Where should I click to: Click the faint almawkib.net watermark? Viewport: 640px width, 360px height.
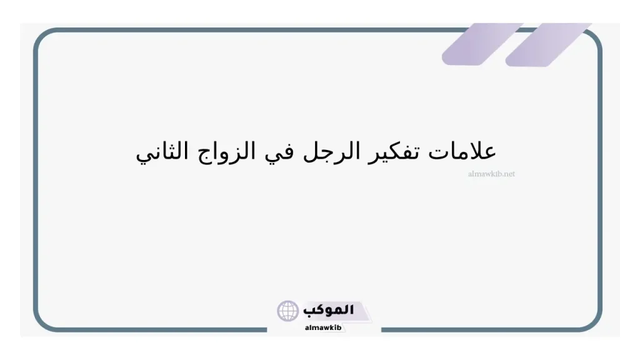click(491, 174)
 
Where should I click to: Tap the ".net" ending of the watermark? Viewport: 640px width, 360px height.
click(508, 174)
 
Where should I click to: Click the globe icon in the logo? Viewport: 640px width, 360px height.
click(288, 311)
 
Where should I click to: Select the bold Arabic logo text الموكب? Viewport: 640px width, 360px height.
click(328, 310)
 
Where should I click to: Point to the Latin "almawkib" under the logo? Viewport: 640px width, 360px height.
click(323, 327)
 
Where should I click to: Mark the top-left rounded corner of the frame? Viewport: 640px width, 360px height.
click(44, 38)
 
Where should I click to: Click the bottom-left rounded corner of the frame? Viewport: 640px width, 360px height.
click(44, 321)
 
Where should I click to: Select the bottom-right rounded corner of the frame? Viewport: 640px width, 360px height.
click(593, 321)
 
